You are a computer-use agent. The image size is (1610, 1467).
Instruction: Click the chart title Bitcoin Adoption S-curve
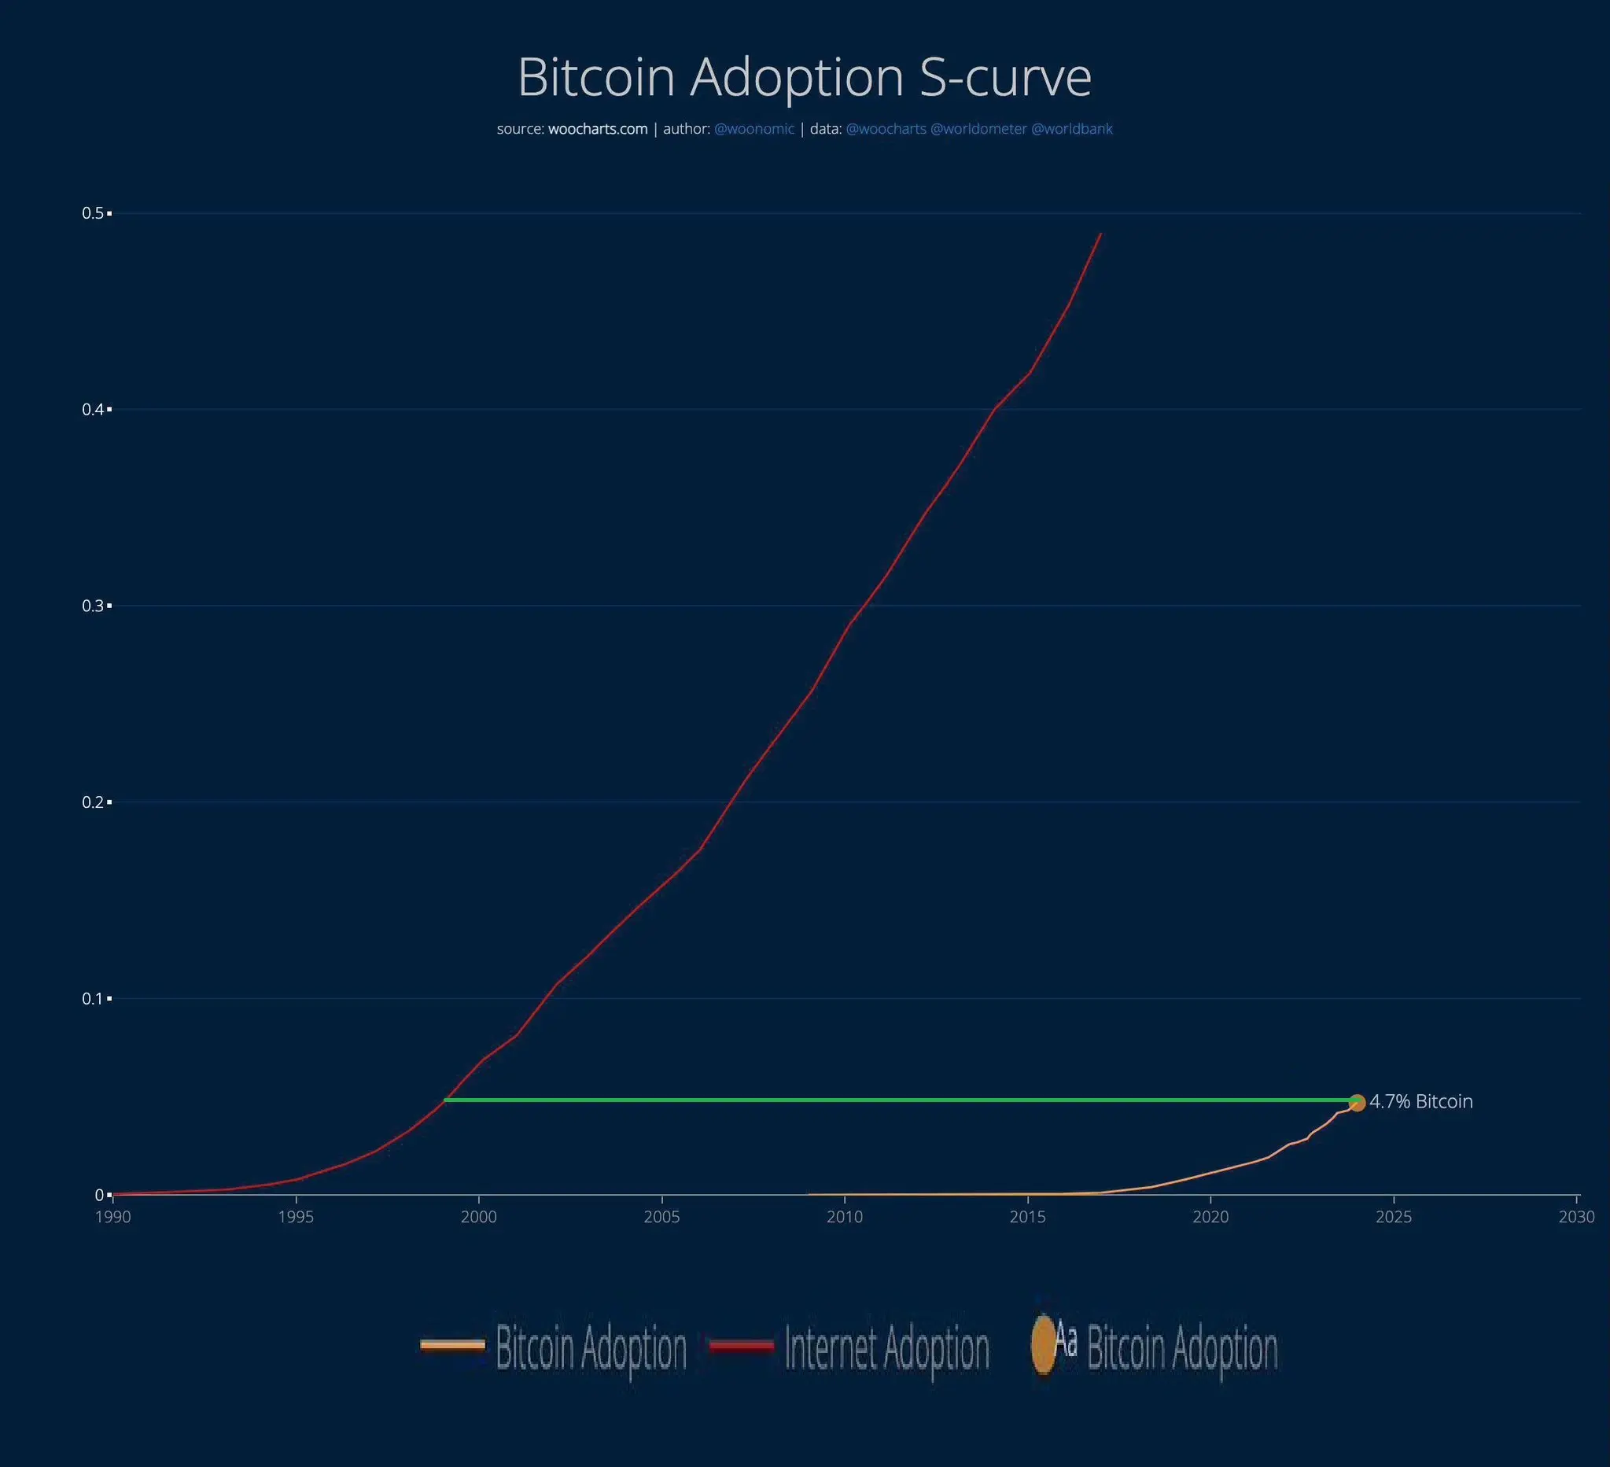pos(804,77)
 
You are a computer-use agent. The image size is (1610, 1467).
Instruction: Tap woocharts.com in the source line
pos(598,129)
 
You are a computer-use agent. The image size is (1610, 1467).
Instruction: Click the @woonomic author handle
pos(754,129)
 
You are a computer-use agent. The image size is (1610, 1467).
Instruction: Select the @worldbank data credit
pos(1072,129)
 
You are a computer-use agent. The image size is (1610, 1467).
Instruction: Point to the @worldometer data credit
pos(978,129)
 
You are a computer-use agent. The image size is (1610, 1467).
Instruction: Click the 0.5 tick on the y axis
pos(94,213)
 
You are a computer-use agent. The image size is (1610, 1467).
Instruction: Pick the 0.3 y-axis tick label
pos(94,606)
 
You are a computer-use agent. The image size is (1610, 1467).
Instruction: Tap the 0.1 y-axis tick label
pos(94,999)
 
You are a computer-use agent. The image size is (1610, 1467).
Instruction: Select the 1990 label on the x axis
pos(112,1217)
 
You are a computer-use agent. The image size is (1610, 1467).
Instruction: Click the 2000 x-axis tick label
pos(478,1217)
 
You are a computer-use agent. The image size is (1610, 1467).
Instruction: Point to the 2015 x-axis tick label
pos(1028,1217)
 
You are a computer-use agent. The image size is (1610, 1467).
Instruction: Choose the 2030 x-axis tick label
pos(1576,1217)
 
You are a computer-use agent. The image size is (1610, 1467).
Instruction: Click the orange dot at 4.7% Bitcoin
pos(1357,1103)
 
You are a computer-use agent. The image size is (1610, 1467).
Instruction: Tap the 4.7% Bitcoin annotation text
pos(1420,1102)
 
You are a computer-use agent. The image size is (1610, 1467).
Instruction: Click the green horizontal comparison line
pos(879,1100)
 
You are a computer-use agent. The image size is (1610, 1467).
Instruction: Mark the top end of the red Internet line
pos(1100,234)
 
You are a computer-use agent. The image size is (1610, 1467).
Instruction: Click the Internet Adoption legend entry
pos(886,1348)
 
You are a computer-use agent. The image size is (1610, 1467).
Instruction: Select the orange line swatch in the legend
pos(453,1346)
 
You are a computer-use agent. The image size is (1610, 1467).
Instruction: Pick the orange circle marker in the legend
pos(1043,1345)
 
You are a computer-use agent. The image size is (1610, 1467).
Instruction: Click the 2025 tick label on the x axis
pos(1394,1217)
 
